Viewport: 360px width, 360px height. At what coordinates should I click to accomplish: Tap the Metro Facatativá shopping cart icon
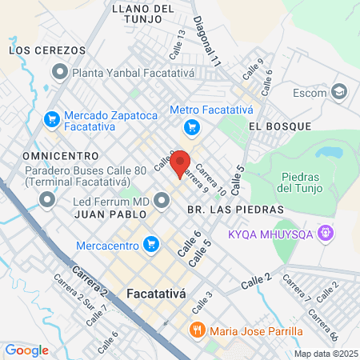point(190,126)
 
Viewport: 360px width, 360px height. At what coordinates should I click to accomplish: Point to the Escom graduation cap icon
point(339,91)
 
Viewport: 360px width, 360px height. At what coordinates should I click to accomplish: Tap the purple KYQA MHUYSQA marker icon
point(325,233)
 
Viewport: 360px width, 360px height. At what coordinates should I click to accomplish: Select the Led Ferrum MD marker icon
point(162,200)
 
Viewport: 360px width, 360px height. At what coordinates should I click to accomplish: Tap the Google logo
point(27,350)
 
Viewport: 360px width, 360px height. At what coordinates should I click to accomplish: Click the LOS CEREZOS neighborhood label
point(47,50)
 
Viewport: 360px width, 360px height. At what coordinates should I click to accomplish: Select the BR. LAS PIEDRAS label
point(235,209)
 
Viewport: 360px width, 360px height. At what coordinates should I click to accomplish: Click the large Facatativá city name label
point(157,294)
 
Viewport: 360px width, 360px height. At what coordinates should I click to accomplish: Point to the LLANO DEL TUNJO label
point(144,14)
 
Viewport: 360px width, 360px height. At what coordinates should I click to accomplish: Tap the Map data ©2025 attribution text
point(325,354)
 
